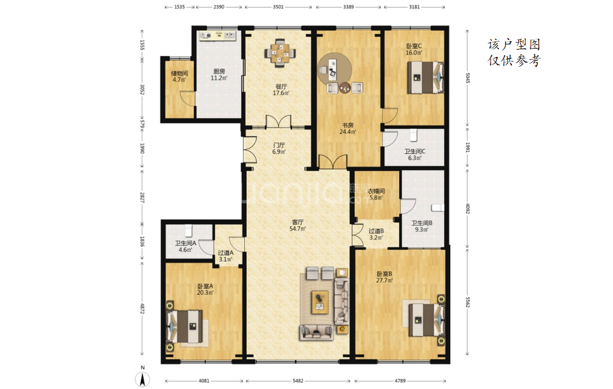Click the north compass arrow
(x=143, y=379)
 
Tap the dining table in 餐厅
(x=280, y=53)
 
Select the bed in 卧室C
(x=426, y=77)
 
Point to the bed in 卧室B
(x=426, y=320)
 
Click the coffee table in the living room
(x=320, y=303)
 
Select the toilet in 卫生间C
(x=413, y=135)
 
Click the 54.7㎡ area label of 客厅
(x=298, y=229)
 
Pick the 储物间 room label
(x=179, y=73)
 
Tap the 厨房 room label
(x=219, y=71)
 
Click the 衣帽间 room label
(x=376, y=191)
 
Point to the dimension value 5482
(x=298, y=380)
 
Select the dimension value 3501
(x=278, y=7)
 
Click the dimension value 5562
(x=468, y=303)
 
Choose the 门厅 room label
(x=279, y=145)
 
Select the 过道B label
(x=376, y=231)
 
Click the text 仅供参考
(x=514, y=61)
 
